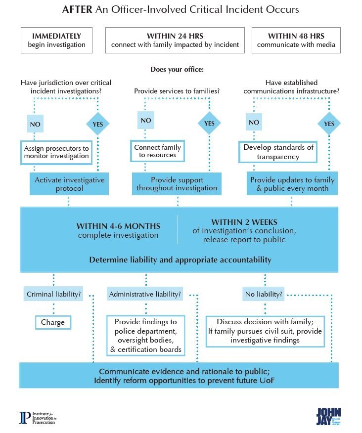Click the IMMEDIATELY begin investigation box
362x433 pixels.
(56, 41)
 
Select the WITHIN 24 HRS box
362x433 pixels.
(175, 41)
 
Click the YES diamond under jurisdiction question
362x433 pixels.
(97, 124)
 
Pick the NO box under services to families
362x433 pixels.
(145, 121)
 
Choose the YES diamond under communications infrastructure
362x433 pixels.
(329, 124)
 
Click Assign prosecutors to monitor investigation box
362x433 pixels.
(56, 152)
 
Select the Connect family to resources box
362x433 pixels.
(157, 151)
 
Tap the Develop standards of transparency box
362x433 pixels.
(278, 152)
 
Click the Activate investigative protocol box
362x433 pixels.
(69, 184)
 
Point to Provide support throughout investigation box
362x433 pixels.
(177, 184)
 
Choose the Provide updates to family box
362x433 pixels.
(292, 184)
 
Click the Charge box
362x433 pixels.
(53, 322)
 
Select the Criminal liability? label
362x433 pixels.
(53, 295)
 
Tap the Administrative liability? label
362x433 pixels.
(145, 295)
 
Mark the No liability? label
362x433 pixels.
(264, 295)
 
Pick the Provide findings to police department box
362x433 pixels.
(145, 336)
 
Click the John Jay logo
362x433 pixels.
(328, 416)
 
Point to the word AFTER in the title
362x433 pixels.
(77, 9)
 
